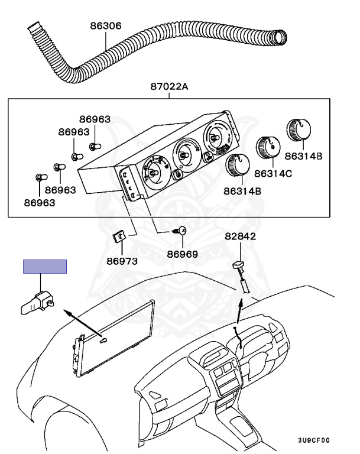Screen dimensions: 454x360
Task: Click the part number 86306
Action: click(x=106, y=26)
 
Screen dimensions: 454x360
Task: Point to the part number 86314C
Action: click(x=273, y=174)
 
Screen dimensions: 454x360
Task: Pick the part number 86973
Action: click(x=122, y=261)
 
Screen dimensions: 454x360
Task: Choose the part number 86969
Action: click(x=182, y=255)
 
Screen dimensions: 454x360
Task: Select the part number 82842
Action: click(x=240, y=236)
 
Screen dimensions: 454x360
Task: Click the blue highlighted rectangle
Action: click(x=45, y=267)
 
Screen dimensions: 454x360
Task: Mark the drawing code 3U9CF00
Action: click(x=313, y=440)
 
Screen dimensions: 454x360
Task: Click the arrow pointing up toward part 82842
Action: click(x=239, y=307)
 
